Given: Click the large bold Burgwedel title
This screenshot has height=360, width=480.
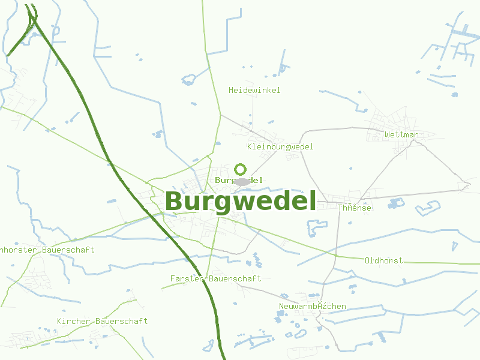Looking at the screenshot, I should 241,202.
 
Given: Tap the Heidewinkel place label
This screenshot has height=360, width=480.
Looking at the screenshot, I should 254,91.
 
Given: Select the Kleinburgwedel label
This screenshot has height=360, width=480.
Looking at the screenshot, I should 280,147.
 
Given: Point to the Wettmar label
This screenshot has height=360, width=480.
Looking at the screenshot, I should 401,135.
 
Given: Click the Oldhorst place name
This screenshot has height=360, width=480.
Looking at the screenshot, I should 383,261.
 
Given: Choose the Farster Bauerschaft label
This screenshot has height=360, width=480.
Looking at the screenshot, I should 215,279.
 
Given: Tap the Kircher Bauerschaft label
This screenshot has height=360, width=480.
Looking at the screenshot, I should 102,322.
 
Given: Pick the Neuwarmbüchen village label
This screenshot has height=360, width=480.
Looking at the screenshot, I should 312,307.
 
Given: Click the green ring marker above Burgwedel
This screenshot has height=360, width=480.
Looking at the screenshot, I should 241,169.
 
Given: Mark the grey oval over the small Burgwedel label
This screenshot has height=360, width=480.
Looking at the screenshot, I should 242,181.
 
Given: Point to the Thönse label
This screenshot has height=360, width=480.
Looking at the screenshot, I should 355,208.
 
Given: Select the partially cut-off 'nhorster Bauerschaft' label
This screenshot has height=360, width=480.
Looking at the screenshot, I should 47,250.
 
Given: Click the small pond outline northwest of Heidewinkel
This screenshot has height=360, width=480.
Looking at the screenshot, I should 189,79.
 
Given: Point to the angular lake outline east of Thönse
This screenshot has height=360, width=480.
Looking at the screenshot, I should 428,208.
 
